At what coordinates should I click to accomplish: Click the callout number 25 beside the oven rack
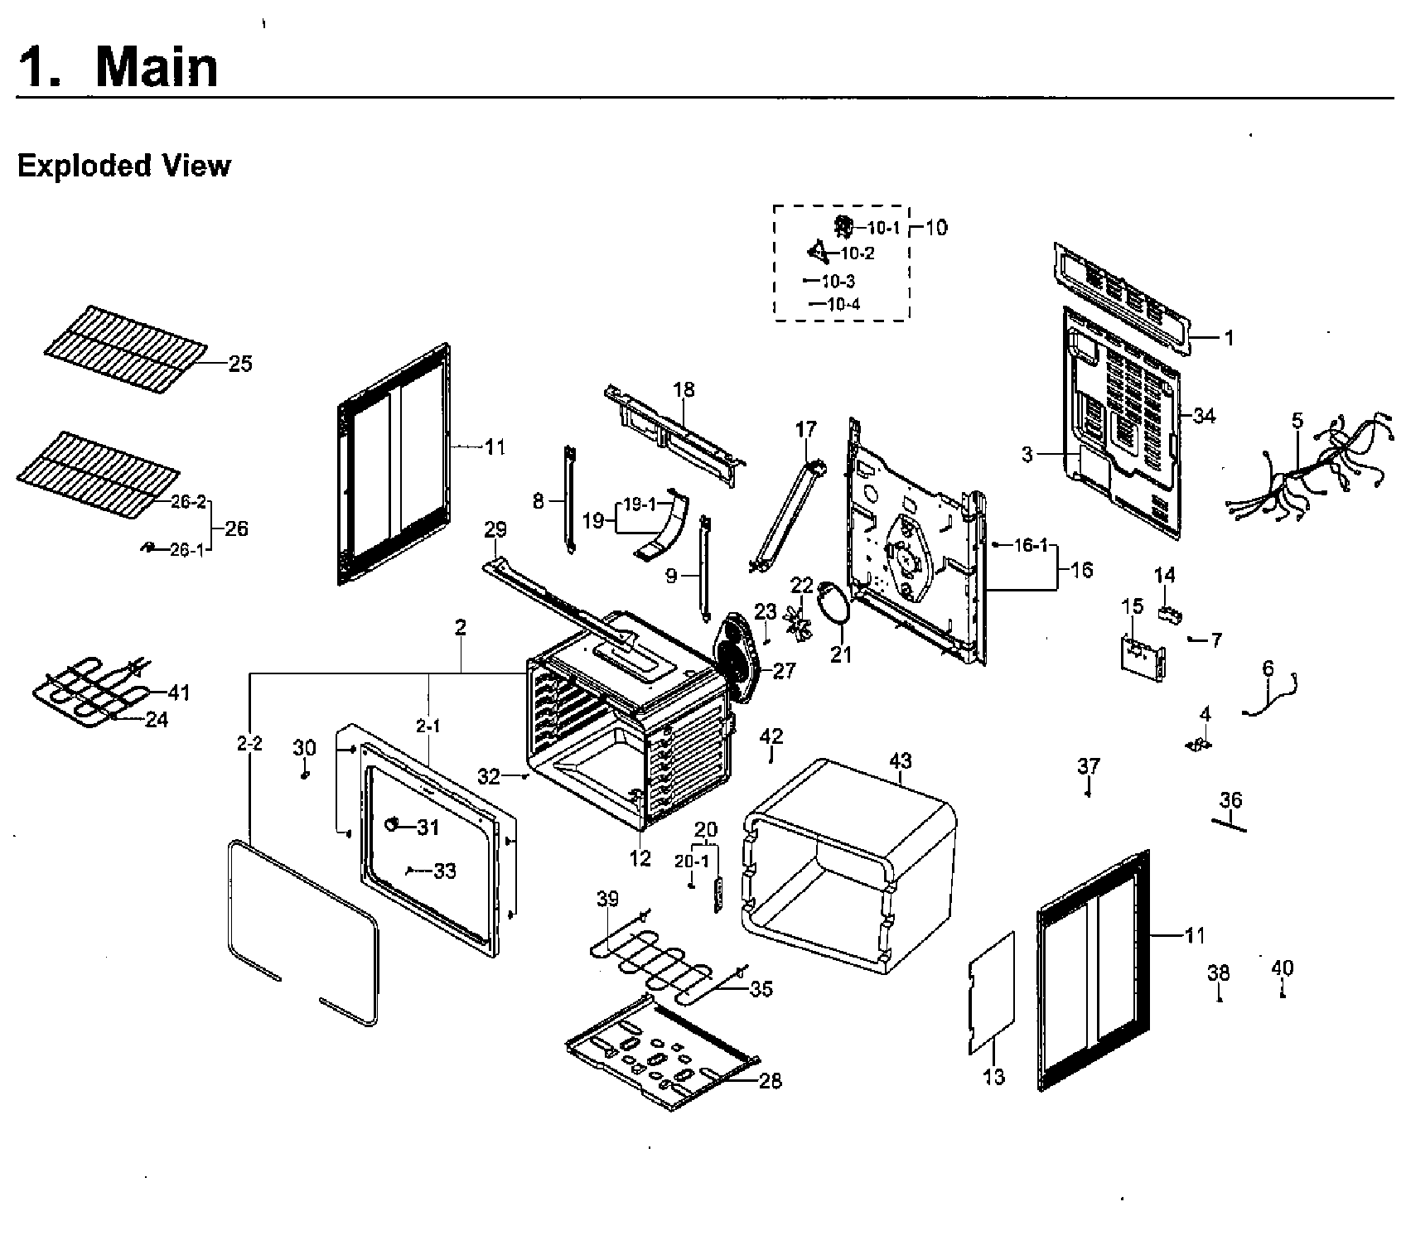tap(240, 364)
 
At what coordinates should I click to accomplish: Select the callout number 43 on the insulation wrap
tap(900, 760)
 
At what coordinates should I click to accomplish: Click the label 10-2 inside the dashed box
tap(857, 253)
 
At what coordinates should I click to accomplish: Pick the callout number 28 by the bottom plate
tap(770, 1081)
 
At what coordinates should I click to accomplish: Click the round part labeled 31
tap(394, 825)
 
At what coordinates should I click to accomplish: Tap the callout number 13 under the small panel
tap(993, 1076)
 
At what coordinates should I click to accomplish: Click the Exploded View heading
tap(123, 166)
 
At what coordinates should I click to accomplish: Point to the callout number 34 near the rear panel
tap(1204, 416)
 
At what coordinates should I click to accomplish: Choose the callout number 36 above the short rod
tap(1231, 800)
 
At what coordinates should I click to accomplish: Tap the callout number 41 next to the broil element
tap(179, 693)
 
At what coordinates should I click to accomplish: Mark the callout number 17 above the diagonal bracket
tap(805, 429)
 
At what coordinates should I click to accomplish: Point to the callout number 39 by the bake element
tap(607, 900)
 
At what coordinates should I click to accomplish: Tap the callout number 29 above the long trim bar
tap(495, 529)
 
